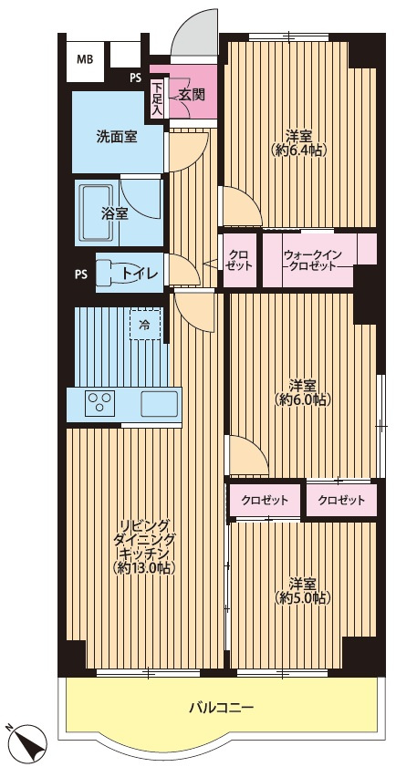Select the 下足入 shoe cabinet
click(x=156, y=98)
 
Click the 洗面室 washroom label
click(x=116, y=137)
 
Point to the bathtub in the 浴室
click(x=97, y=212)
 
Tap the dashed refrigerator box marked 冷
click(x=145, y=324)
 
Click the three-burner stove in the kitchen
click(x=100, y=403)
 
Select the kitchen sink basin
click(x=159, y=403)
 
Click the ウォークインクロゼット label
click(x=312, y=261)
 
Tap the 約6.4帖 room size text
click(x=299, y=150)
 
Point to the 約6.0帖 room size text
click(x=304, y=399)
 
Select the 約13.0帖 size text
click(x=144, y=567)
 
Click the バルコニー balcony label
click(x=221, y=707)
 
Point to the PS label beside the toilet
click(x=82, y=274)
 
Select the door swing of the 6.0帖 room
click(x=249, y=455)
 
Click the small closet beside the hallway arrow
click(x=240, y=261)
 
